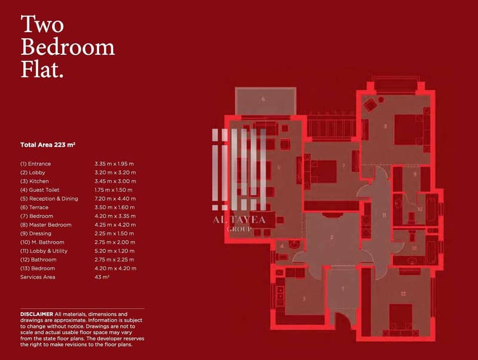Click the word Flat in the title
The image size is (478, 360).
coord(42,70)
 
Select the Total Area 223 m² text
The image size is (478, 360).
coord(48,145)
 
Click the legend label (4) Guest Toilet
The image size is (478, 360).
coord(40,190)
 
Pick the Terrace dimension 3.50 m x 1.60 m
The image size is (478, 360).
coord(114,207)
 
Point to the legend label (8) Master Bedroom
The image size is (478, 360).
coord(46,224)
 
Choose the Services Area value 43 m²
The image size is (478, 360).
coord(102,277)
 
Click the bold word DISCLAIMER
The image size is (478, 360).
coord(36,314)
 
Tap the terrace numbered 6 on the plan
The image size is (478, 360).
coord(263,99)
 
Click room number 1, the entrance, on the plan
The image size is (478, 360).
coord(342,288)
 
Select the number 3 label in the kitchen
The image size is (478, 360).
coord(304,299)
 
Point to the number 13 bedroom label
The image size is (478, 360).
coord(403,294)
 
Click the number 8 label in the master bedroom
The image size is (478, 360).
coord(385,126)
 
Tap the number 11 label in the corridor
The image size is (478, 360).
coord(384,216)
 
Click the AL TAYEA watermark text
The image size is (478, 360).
coord(239,220)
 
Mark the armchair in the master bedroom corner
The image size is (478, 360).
coord(370,105)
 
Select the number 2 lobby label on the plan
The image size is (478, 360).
coord(332,237)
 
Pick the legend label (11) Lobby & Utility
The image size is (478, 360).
coord(44,251)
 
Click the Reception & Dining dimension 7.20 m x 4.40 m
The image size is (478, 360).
coord(115,199)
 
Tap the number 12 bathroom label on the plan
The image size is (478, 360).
coord(414,248)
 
